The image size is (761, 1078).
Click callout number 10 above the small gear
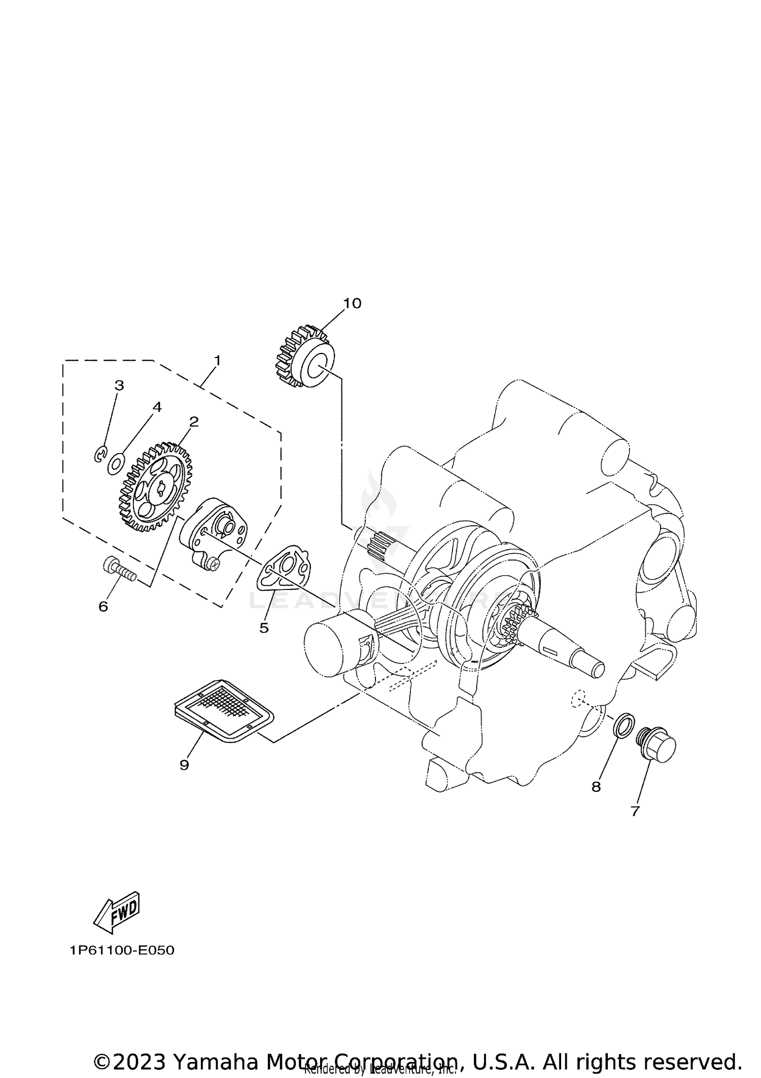click(x=352, y=303)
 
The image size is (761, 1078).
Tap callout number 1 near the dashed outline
click(x=217, y=361)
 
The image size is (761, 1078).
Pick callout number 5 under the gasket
click(x=264, y=628)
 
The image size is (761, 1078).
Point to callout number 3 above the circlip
click(x=119, y=386)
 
